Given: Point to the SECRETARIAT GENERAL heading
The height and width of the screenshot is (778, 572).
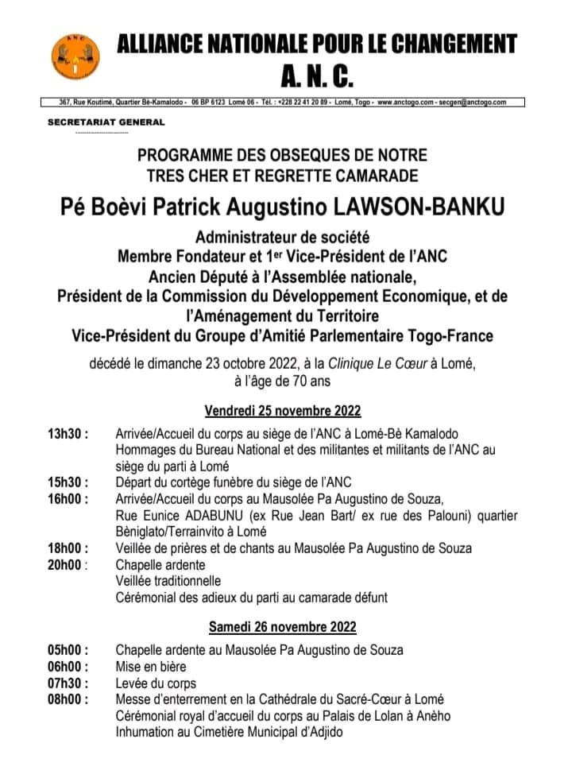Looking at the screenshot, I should [106, 122].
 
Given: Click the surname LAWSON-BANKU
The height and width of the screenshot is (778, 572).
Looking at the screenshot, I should [419, 207].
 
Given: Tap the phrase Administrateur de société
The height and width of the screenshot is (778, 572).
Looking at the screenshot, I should [284, 236].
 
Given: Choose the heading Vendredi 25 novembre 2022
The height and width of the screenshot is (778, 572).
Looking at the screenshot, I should [283, 411].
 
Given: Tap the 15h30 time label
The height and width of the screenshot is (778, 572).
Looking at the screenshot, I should [68, 482].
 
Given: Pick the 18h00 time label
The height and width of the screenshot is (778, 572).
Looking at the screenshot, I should [68, 548].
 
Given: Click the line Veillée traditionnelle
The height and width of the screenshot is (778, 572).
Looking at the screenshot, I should [168, 581].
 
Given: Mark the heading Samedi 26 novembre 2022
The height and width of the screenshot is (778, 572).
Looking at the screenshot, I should [283, 626].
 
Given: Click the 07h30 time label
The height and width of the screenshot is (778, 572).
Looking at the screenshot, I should [68, 683].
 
